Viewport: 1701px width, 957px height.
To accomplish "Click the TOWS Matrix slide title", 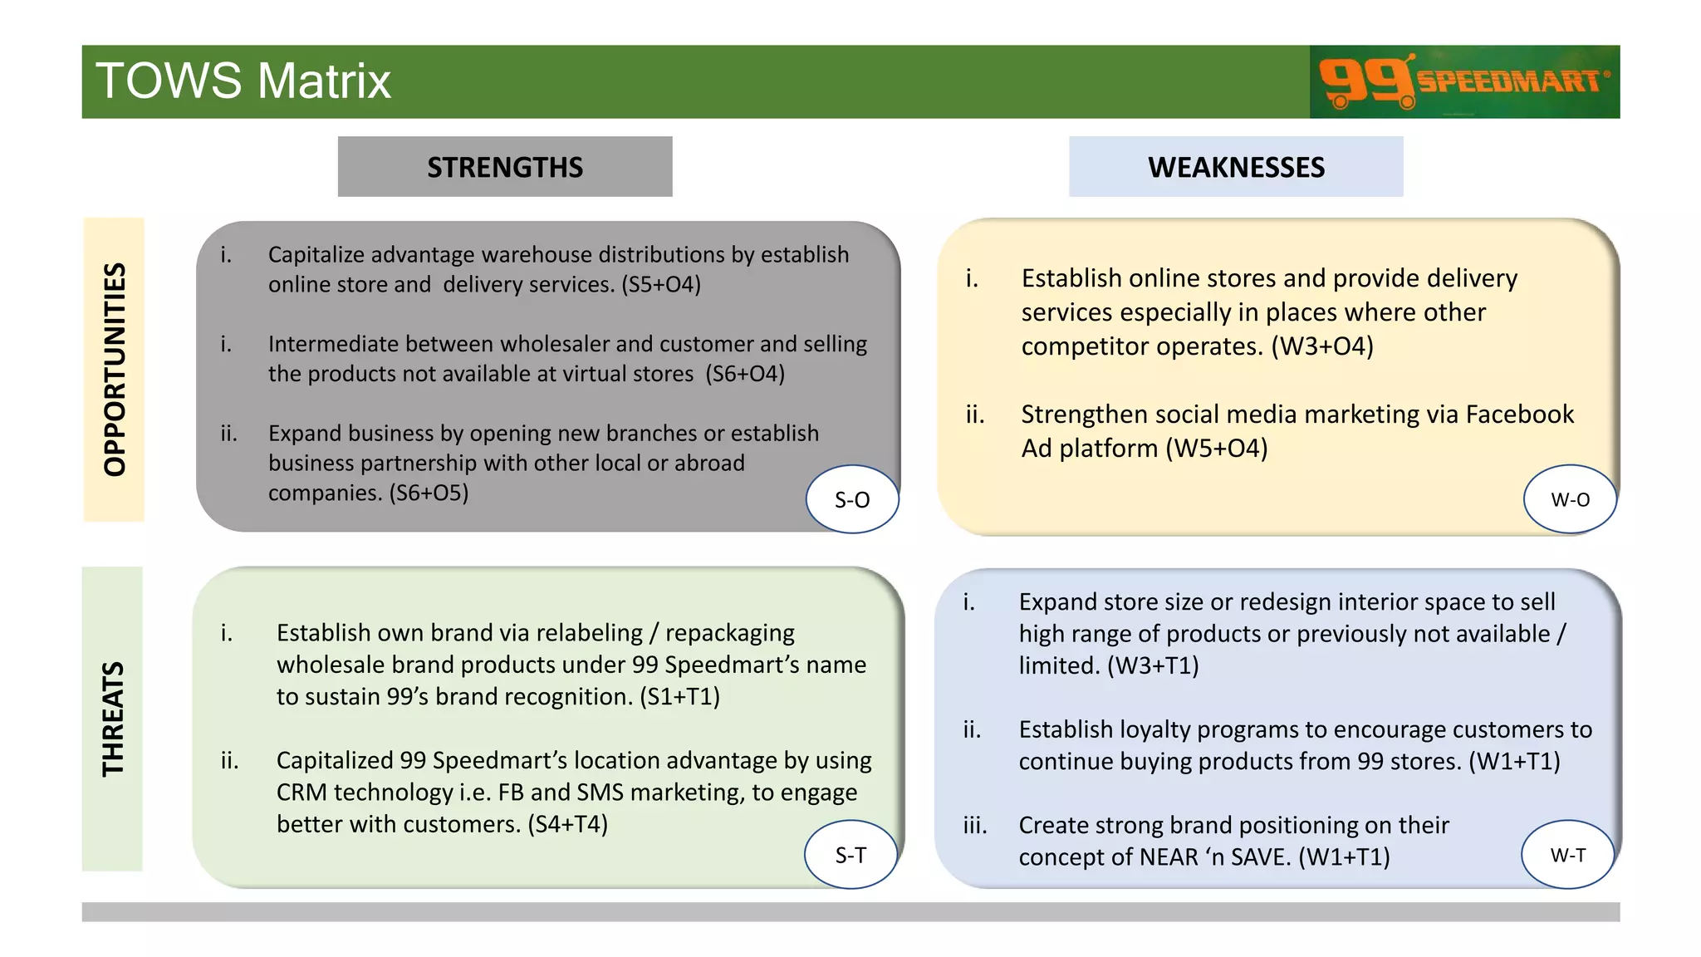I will [243, 81].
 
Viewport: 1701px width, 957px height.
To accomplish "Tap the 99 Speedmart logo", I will [1463, 81].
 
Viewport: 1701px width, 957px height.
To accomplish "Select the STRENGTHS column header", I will [505, 167].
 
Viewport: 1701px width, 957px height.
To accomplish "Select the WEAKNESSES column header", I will [1236, 167].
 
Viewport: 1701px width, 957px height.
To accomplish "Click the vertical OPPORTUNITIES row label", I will [114, 369].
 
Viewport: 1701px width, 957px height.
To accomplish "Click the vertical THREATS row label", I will [112, 719].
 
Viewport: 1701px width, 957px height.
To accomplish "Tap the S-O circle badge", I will [852, 499].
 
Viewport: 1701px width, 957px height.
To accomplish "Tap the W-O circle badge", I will [1570, 499].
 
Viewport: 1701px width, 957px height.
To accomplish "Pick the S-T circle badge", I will [850, 855].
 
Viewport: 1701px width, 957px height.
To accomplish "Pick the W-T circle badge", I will [1567, 855].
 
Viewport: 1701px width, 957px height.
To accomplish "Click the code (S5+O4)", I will [661, 284].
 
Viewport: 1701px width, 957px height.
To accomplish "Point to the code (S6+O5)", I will [429, 493].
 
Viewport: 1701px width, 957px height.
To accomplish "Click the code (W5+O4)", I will [1216, 449].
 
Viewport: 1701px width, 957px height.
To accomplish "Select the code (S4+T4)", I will [567, 824].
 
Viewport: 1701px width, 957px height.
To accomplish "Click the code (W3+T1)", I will [1153, 665].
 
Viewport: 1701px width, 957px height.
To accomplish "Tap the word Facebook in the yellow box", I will [1519, 414].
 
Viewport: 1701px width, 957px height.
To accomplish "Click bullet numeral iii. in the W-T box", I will [975, 825].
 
